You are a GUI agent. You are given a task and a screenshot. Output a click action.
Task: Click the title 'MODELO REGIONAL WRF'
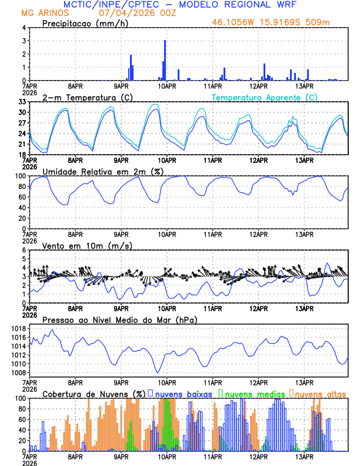tap(253, 4)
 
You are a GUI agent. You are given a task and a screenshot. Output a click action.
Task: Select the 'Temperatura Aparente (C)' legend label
tap(265, 97)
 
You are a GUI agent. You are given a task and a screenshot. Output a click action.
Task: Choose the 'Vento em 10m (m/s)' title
tap(87, 245)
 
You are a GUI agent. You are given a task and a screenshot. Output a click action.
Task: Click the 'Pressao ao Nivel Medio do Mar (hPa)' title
tap(119, 319)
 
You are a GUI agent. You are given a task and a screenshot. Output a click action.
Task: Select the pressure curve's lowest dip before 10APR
tap(157, 372)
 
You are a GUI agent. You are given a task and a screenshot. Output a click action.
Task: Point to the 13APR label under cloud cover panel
tap(304, 457)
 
